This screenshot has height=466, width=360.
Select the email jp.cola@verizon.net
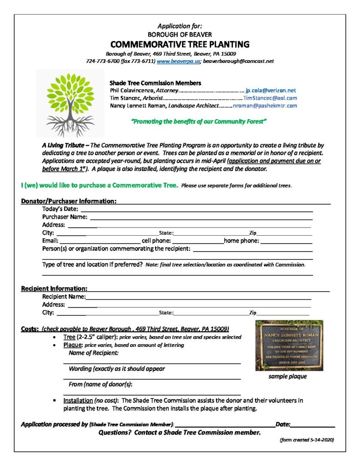click(x=270, y=91)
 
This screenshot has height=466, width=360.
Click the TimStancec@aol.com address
click(x=270, y=98)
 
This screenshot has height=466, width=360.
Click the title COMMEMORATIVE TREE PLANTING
click(x=180, y=44)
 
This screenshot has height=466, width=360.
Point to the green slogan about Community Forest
click(x=198, y=122)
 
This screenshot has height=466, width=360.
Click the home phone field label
click(x=241, y=241)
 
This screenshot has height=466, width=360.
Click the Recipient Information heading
click(x=54, y=289)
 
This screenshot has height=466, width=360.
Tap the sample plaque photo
click(x=289, y=345)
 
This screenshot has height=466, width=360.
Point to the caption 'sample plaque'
click(x=287, y=376)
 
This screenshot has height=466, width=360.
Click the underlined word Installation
click(x=78, y=401)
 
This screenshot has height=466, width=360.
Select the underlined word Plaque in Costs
click(x=73, y=345)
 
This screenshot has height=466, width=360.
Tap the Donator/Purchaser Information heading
click(x=69, y=201)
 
